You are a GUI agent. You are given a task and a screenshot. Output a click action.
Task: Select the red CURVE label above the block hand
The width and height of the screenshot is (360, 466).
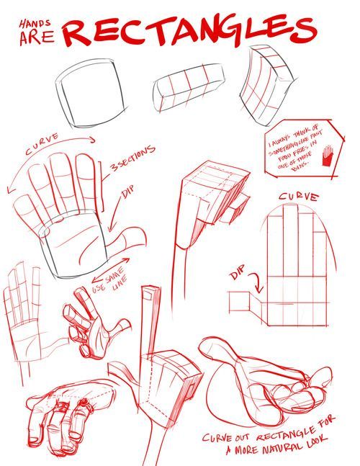tap(299, 196)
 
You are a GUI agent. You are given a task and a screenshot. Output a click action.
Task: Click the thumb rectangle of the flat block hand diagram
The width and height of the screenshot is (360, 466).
tap(243, 301)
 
